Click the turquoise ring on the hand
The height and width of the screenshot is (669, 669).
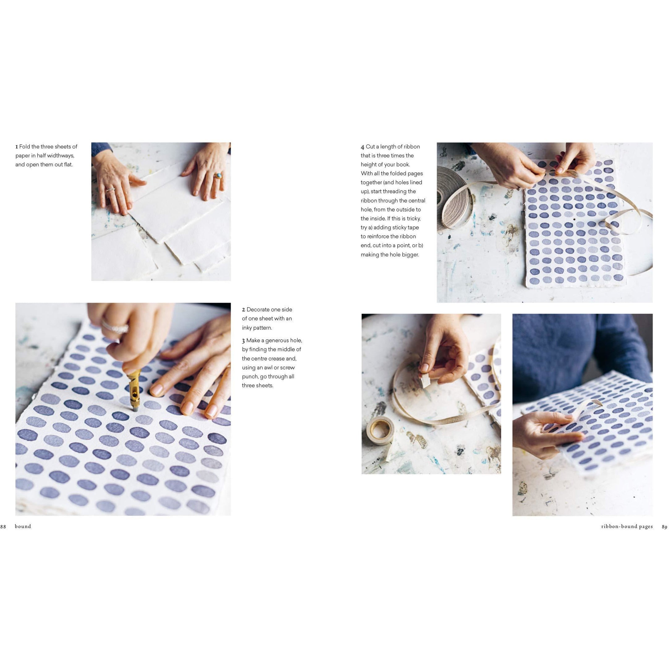point(218,176)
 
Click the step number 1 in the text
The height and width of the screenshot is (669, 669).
point(17,147)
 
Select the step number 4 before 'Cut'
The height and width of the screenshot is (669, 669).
point(362,147)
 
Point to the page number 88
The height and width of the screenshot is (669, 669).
point(3,527)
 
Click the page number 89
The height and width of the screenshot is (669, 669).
point(664,527)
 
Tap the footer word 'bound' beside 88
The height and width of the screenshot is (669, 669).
point(23,527)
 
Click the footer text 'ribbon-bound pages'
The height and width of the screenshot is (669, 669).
point(627,527)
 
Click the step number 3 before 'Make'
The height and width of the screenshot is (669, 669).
point(243,341)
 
